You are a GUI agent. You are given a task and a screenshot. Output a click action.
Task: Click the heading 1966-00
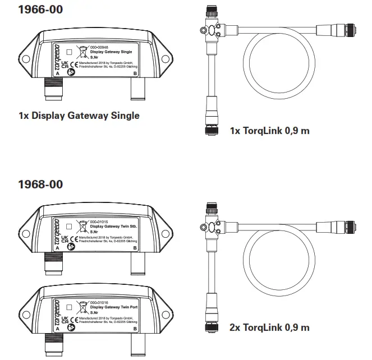40,10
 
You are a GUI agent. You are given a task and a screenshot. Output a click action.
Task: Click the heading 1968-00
40,184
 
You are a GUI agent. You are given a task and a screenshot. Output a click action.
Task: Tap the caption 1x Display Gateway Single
79,116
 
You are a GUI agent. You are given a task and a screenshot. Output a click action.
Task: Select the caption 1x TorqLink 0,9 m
269,131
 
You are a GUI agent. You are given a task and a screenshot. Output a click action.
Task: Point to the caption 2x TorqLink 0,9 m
269,327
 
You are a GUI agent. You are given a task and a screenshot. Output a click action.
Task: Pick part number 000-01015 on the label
103,222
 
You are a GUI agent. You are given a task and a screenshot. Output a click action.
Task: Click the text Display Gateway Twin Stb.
113,227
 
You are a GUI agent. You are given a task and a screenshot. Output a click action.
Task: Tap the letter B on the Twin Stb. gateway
135,248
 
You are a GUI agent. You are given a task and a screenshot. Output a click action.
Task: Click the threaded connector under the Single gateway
52,91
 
